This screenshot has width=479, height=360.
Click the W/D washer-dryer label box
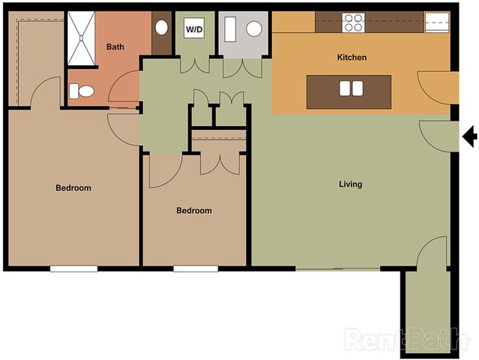coord(194,29)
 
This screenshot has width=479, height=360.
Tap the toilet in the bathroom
coord(82,91)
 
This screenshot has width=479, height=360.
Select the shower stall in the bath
coord(81,38)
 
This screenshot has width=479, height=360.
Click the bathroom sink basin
coord(161,28)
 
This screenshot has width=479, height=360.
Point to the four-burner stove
coord(354,22)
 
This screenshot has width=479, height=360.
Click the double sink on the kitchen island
coord(352,88)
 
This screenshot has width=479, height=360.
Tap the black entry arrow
coord(470,136)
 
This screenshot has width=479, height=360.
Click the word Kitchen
coord(352,58)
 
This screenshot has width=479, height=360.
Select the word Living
coord(350,184)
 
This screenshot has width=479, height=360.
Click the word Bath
coord(115,46)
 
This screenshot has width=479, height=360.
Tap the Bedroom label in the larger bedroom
coord(73,187)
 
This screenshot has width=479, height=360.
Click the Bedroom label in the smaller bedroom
coord(194,210)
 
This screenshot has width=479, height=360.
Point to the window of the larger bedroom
coord(74,269)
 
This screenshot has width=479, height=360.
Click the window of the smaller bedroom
coord(196,269)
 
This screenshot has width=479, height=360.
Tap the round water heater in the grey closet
coord(254,29)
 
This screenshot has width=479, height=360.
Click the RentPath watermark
coord(406,339)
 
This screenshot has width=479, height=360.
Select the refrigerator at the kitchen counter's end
coord(437,22)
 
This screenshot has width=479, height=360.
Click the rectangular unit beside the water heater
coord(230,29)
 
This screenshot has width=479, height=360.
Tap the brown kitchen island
coord(349,91)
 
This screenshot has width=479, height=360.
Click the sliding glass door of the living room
coord(338,269)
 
